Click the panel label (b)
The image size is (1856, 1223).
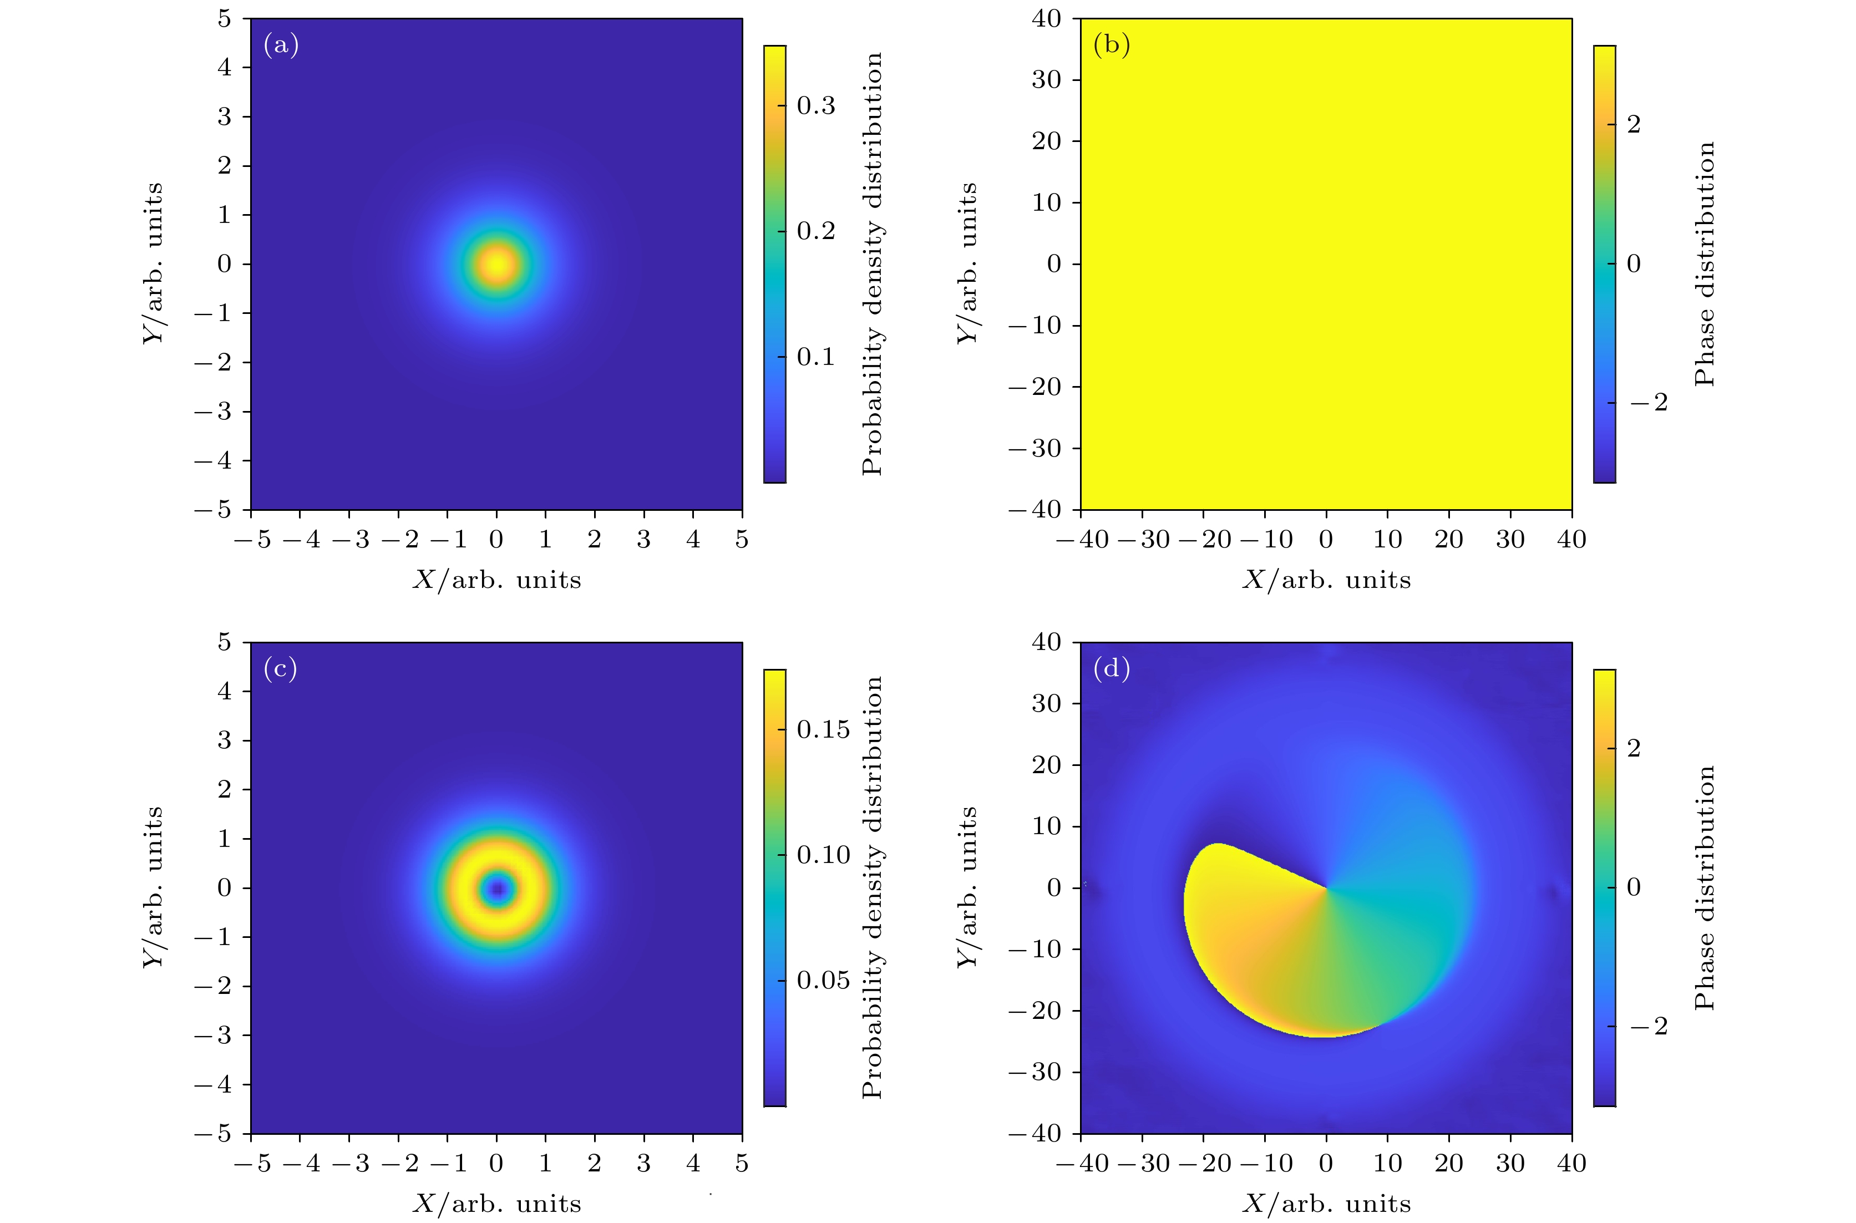(x=1111, y=45)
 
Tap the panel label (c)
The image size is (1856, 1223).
(x=281, y=669)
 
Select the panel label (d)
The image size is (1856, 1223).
(x=1111, y=669)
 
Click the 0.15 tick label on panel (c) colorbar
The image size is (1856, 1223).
(x=823, y=729)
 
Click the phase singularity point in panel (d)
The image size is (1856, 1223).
(x=1326, y=887)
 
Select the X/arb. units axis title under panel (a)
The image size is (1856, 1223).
(x=497, y=580)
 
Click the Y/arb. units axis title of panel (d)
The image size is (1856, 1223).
(x=967, y=887)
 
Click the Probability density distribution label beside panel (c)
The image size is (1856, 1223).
(x=873, y=887)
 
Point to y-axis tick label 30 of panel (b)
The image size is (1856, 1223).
(x=1046, y=79)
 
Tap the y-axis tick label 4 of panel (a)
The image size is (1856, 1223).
(x=225, y=67)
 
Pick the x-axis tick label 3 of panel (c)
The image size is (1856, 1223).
(x=643, y=1164)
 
